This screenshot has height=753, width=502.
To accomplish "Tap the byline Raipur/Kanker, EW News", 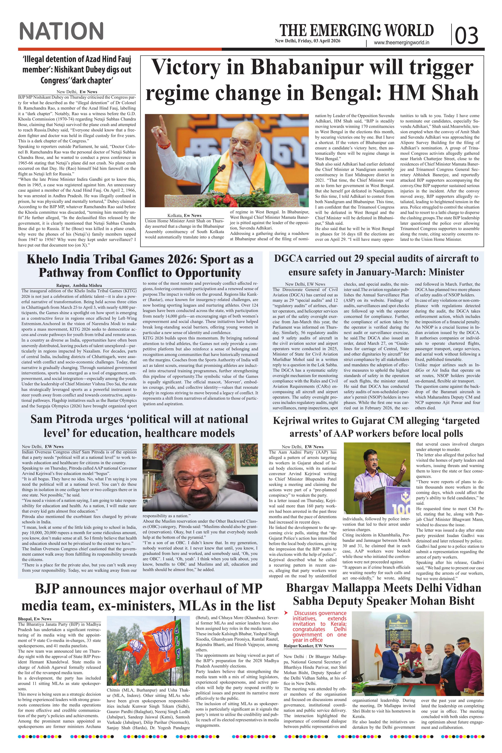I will pyautogui.click(x=309, y=646).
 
